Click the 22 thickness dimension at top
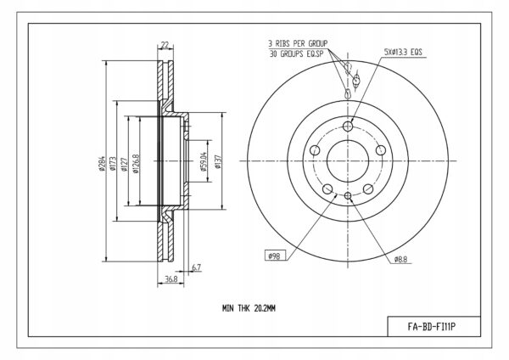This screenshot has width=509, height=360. (165, 44)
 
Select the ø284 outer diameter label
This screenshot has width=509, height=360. (102, 163)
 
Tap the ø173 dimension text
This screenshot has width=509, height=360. (113, 163)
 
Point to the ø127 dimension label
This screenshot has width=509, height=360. (124, 164)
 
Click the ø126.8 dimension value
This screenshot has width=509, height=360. (136, 163)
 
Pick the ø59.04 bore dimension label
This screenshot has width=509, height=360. (204, 161)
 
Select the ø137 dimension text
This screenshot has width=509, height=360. (218, 161)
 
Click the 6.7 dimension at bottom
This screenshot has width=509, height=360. (197, 267)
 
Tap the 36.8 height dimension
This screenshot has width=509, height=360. (171, 278)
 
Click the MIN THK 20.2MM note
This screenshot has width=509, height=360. (249, 308)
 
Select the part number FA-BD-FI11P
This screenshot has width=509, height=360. (432, 327)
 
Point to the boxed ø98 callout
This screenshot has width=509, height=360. (275, 256)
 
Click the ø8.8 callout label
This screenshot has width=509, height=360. (400, 259)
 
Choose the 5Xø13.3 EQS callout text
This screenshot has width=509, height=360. (403, 52)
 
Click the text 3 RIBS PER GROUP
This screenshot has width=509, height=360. (298, 43)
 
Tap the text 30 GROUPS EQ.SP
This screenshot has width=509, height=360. (296, 53)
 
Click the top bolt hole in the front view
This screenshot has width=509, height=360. (348, 126)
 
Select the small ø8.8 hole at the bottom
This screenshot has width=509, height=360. (348, 195)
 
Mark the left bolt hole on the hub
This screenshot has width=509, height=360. (315, 150)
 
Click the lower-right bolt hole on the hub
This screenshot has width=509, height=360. (368, 188)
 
